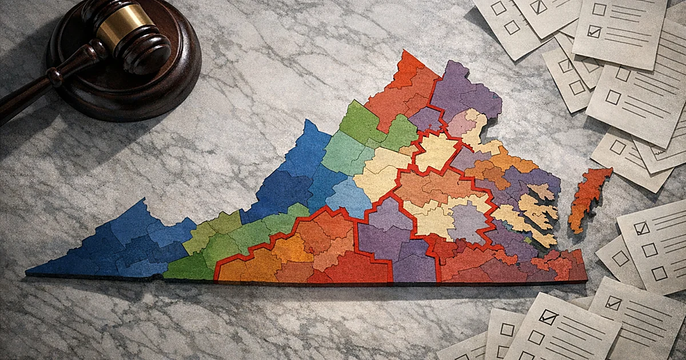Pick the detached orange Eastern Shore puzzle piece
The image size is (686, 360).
pos(589,197)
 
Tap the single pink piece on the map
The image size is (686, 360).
pos(461,123)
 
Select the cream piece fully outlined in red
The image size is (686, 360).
pos(437,151)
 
